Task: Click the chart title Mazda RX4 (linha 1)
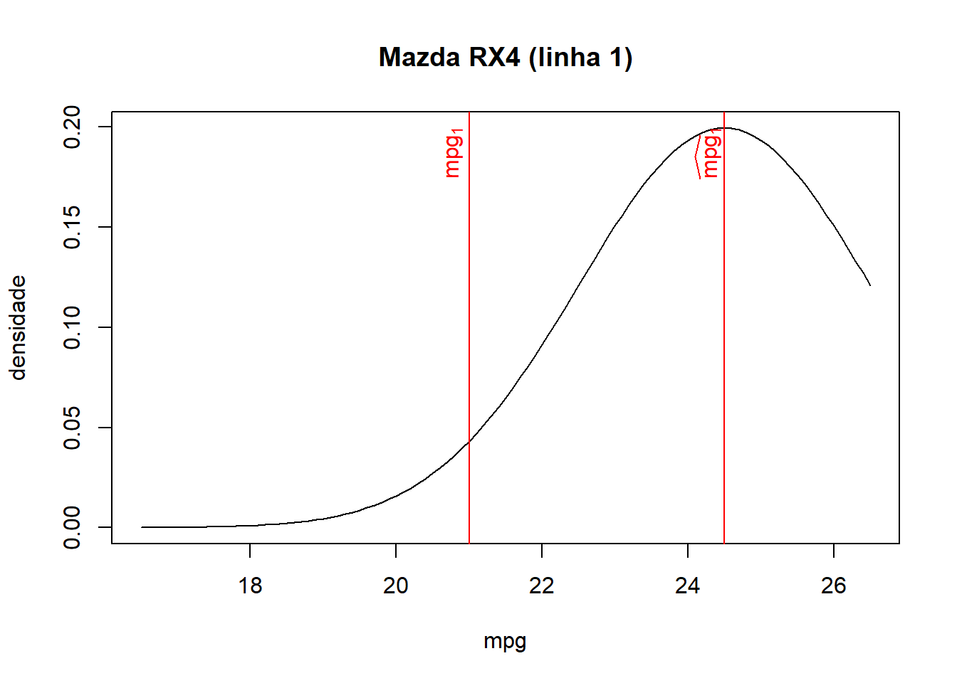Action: [x=505, y=58]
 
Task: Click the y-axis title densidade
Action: [x=18, y=328]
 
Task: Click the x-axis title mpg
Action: [x=505, y=642]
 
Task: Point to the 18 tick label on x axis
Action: [x=250, y=586]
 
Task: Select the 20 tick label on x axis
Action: [x=396, y=586]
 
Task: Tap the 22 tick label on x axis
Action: [x=542, y=586]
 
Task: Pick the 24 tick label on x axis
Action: [x=688, y=586]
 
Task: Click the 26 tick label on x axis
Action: [x=834, y=586]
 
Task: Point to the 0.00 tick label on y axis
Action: [x=72, y=527]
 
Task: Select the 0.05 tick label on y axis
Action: [x=72, y=428]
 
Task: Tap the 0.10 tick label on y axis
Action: [x=72, y=327]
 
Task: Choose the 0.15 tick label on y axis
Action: [x=72, y=227]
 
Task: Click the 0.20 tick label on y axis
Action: [x=72, y=127]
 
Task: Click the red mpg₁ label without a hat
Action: [x=454, y=153]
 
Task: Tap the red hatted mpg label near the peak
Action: [x=709, y=155]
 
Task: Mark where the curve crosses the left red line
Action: [x=469, y=442]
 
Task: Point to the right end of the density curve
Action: [x=870, y=285]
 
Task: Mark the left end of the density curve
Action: [x=142, y=527]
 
